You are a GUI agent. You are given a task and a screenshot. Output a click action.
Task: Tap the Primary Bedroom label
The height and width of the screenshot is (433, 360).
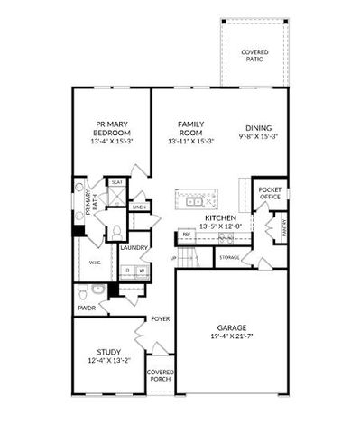pos(112,128)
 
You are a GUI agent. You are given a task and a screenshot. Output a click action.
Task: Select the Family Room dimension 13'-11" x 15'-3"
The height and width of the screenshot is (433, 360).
pos(189,142)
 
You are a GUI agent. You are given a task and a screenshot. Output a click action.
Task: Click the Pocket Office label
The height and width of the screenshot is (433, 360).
pos(270,195)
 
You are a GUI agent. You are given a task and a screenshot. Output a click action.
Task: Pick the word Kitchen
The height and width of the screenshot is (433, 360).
pos(220,218)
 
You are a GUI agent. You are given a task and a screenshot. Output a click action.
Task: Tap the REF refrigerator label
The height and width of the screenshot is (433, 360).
pos(187,235)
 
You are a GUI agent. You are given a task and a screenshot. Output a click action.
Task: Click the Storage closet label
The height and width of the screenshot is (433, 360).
pos(229,258)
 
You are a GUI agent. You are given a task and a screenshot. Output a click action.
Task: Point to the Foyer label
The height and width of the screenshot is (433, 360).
pos(161,319)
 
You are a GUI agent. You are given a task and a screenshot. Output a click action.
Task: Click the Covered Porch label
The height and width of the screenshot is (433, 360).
pos(161,375)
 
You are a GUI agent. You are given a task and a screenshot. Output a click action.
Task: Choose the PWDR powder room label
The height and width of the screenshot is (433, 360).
pos(87,308)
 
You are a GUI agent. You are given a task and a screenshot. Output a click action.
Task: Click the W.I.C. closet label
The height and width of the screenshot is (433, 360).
pos(95,263)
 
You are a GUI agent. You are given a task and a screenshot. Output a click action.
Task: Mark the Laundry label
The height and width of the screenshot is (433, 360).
pos(134,247)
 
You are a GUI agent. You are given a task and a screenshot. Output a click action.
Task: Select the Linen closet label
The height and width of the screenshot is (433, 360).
pos(138,207)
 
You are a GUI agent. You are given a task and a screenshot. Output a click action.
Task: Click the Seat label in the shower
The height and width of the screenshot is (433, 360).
pos(117,182)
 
